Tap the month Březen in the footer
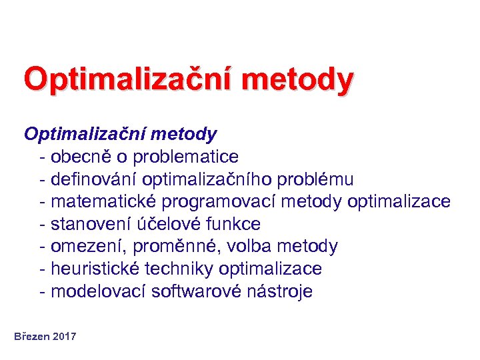(x=32, y=337)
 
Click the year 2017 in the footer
(x=65, y=337)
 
